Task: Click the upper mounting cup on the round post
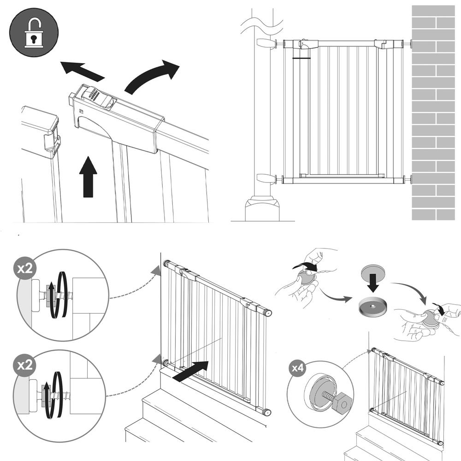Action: (265, 43)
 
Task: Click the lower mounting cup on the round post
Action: (265, 178)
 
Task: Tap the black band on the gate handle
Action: (302, 59)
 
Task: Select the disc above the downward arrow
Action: (372, 269)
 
